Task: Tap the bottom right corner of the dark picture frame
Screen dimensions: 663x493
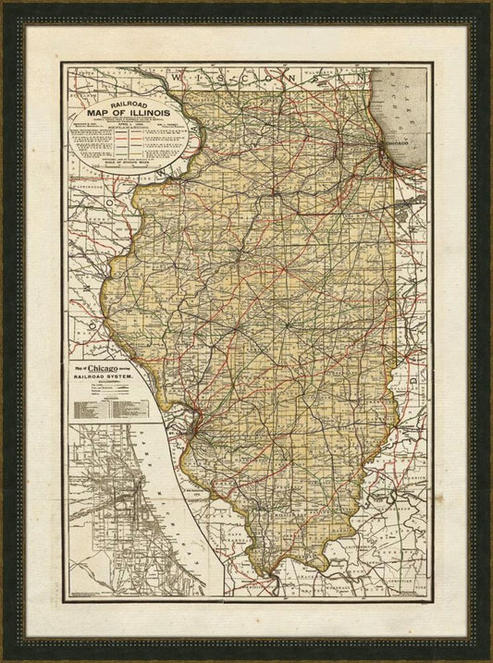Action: pyautogui.click(x=487, y=657)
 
